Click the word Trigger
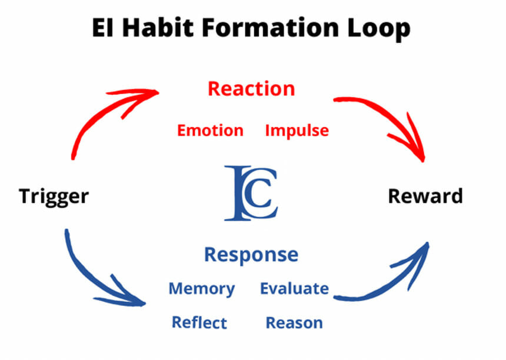pos(54,196)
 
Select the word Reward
pos(425,196)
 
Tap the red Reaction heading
pos(251,89)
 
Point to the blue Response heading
pos(251,255)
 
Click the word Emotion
pos(210,130)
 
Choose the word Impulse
pos(297,130)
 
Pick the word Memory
pos(201,289)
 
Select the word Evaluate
pos(294,289)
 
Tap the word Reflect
pos(199,322)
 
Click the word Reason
pos(294,322)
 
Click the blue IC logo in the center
pos(251,194)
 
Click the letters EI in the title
pos(105,28)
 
